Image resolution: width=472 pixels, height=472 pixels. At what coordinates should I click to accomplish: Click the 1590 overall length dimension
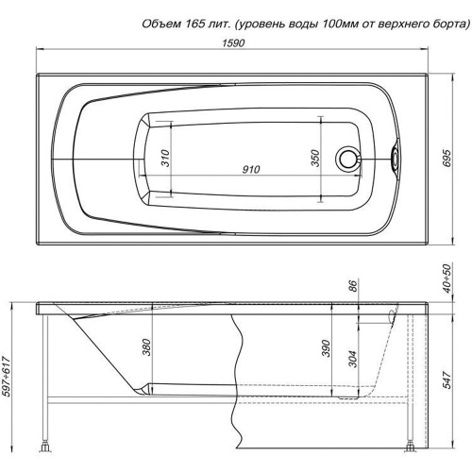(x=233, y=42)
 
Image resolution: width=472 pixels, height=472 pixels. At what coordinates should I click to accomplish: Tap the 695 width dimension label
(x=447, y=159)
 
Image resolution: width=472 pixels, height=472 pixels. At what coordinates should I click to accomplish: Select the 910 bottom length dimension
(x=251, y=169)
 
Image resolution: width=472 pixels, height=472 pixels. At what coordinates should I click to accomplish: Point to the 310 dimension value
(x=165, y=159)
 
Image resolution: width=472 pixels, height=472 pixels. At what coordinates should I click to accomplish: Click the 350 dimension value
(x=315, y=159)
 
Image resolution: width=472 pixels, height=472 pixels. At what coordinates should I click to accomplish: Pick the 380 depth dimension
(x=147, y=347)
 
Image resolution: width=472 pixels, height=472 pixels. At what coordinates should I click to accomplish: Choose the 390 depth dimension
(x=327, y=348)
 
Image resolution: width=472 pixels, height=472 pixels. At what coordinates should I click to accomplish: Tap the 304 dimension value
(x=353, y=359)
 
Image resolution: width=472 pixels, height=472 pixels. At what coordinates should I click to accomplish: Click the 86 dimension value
(x=353, y=286)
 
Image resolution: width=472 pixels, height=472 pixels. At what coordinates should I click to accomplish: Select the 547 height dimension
(x=447, y=379)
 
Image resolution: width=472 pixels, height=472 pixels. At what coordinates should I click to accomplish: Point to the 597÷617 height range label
(x=7, y=377)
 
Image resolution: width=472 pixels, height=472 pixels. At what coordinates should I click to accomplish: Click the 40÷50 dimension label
(x=447, y=278)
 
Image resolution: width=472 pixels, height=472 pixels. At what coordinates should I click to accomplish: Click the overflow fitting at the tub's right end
(x=395, y=157)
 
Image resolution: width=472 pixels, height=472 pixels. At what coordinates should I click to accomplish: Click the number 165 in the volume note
(x=191, y=25)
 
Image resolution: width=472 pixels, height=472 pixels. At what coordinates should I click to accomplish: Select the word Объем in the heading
(x=160, y=25)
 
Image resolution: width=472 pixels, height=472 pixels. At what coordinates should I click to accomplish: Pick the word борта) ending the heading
(x=450, y=25)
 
